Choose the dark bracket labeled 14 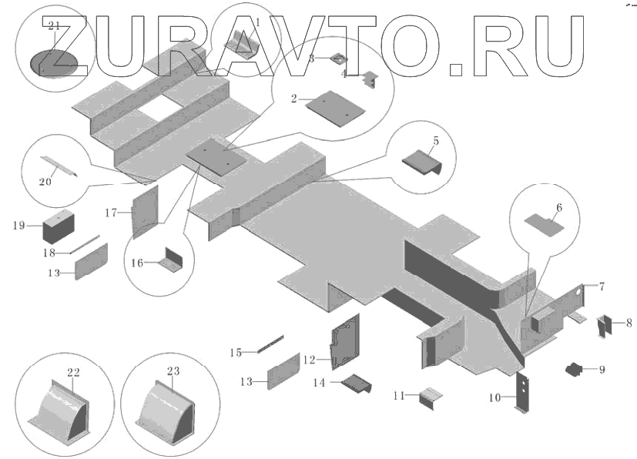[357, 382]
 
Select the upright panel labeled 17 [144, 211]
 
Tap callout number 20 [45, 182]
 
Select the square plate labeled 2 [334, 107]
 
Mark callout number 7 [602, 286]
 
